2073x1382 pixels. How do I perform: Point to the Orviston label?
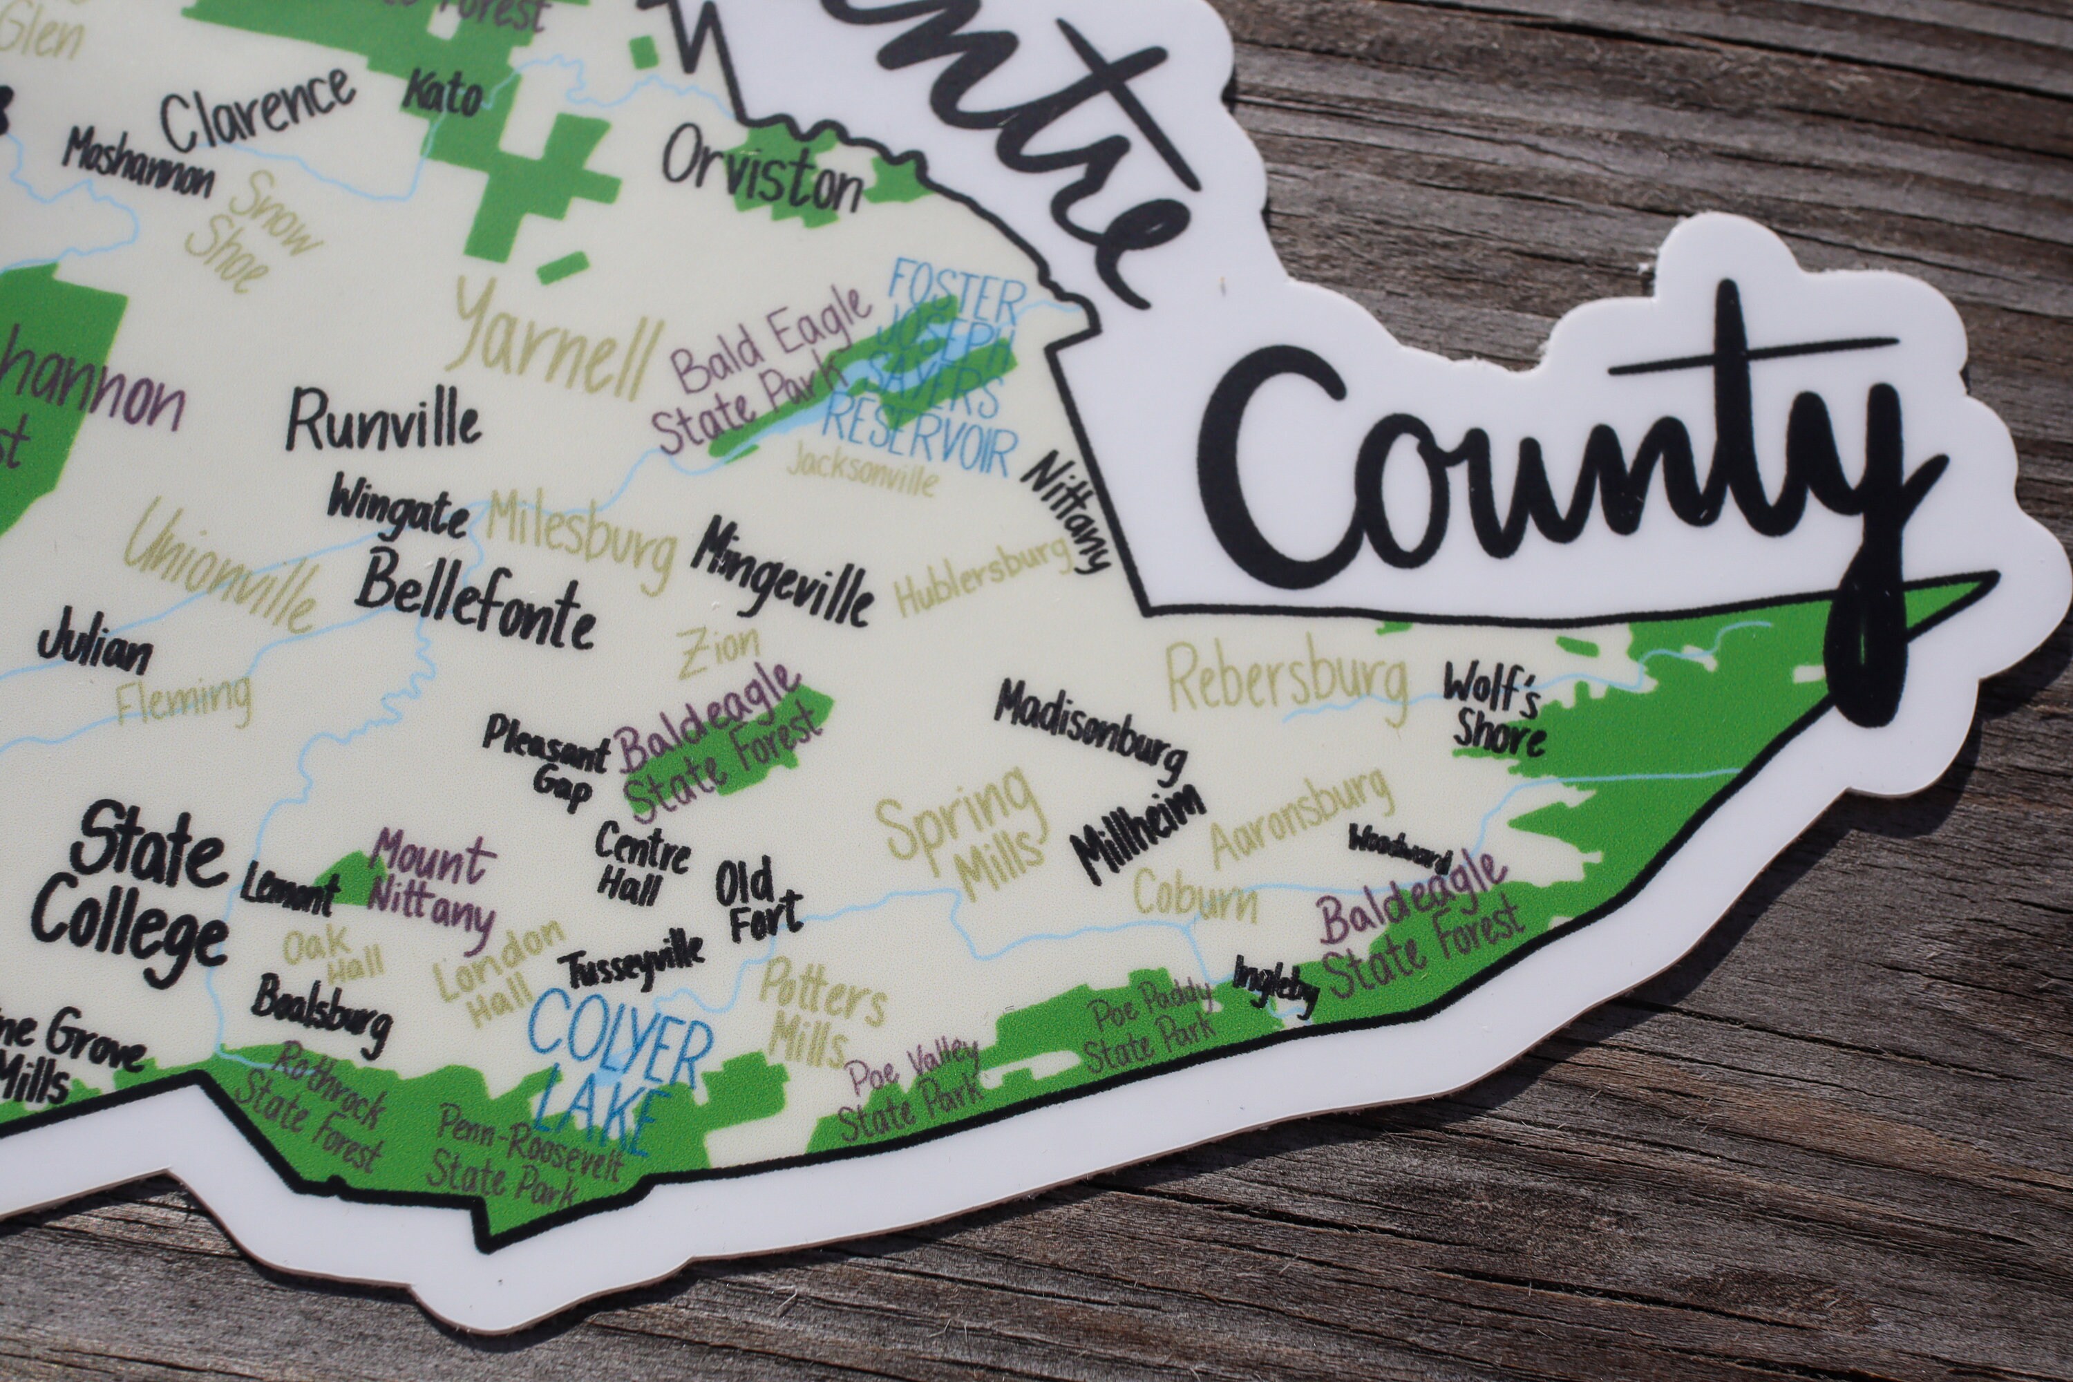[x=762, y=172]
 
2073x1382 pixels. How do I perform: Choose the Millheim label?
[x=1137, y=833]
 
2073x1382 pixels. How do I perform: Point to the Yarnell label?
[x=556, y=348]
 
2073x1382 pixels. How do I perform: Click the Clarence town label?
[x=256, y=115]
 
